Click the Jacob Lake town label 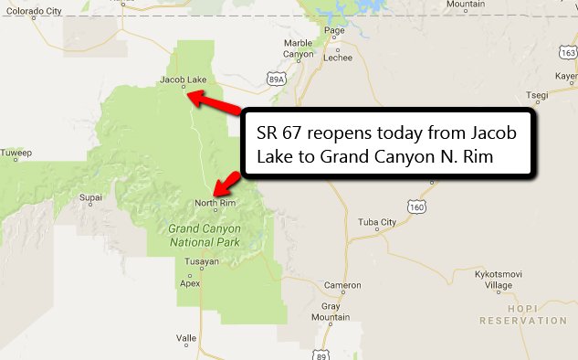pos(184,79)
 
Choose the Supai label pos(90,196)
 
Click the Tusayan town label pos(201,261)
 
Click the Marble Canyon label pos(298,48)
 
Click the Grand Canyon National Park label pos(204,236)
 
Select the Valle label pos(186,337)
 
